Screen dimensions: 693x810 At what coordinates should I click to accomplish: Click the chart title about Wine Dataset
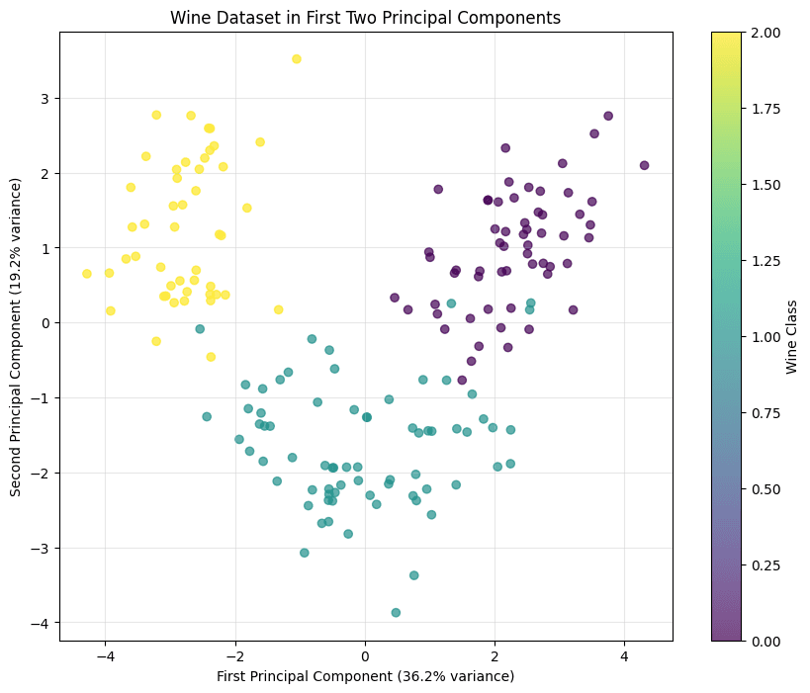(365, 18)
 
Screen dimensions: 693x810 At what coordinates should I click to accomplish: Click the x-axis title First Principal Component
(365, 676)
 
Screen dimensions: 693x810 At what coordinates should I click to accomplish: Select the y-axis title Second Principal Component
(16, 336)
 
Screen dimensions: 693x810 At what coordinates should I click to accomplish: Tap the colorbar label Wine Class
(791, 336)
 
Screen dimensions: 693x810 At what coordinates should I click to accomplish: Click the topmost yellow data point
(296, 59)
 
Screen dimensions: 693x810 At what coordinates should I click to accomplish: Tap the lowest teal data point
(396, 613)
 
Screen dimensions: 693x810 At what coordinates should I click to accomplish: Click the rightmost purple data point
(644, 165)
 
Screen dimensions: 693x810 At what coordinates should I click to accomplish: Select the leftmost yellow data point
(87, 274)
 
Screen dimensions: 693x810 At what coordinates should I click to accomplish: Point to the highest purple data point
(608, 116)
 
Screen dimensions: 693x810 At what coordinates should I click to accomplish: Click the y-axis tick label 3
(45, 99)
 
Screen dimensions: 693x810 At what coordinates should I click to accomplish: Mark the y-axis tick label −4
(42, 623)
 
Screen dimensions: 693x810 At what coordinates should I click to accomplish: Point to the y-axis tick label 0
(45, 323)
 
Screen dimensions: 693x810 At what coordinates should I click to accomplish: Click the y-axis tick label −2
(42, 474)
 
